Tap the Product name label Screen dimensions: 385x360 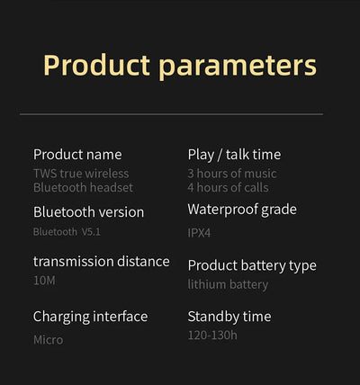77,155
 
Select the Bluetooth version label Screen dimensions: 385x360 88,212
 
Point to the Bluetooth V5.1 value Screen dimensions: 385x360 67,231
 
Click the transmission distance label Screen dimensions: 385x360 101,262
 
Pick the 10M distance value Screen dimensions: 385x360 45,282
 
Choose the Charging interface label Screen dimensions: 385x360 90,317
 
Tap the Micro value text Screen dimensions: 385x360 48,340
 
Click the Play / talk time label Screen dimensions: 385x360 234,155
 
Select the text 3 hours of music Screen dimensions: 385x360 232,173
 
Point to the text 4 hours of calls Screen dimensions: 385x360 228,187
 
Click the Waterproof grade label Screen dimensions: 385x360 241,210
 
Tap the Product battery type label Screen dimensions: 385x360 252,265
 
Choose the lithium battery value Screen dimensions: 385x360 228,284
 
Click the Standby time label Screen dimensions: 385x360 229,317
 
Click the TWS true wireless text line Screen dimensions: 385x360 81,173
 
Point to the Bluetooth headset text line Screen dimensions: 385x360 83,187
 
